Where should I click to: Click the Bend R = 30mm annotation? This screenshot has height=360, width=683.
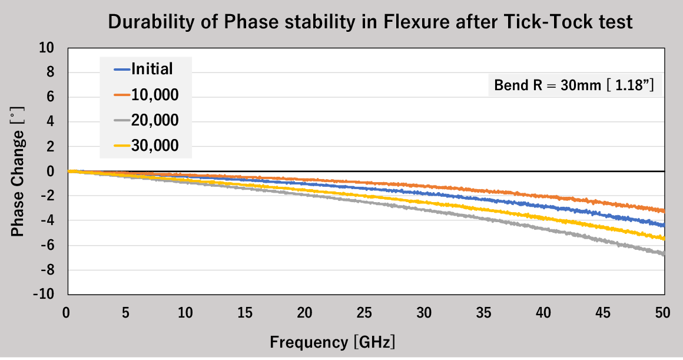click(574, 86)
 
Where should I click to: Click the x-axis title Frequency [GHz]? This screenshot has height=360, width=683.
click(333, 342)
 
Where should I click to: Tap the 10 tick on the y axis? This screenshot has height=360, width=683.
click(47, 48)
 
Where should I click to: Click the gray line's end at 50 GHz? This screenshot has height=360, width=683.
click(664, 254)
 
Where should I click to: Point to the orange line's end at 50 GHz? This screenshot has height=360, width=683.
click(664, 210)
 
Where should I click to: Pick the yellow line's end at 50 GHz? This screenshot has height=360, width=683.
click(664, 238)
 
